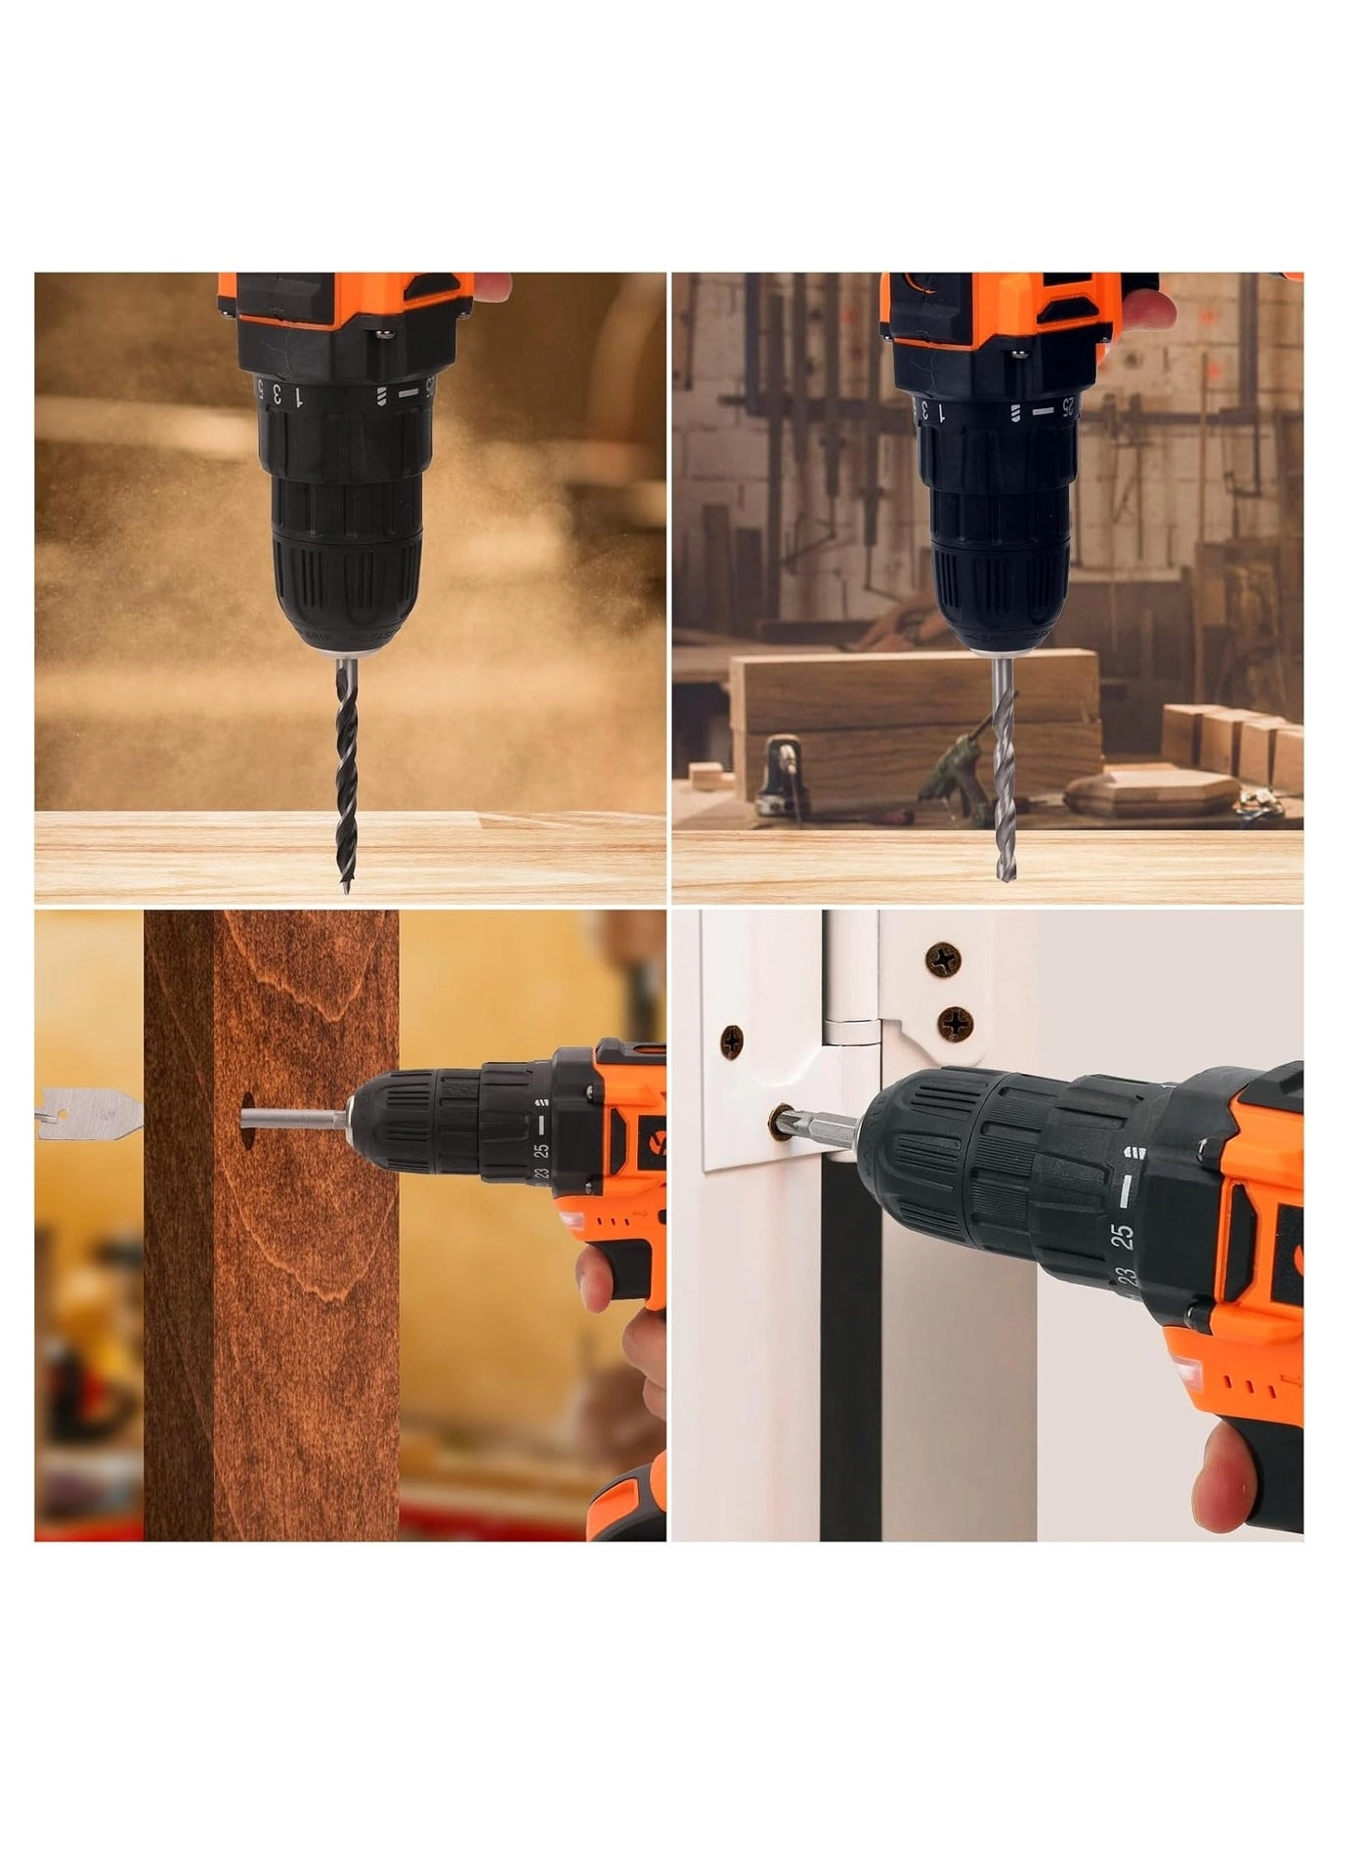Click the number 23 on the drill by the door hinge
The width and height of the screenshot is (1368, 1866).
click(x=1128, y=1277)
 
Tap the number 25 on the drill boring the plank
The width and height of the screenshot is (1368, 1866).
click(x=540, y=1151)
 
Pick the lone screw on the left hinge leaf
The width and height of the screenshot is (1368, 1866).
click(x=732, y=1042)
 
